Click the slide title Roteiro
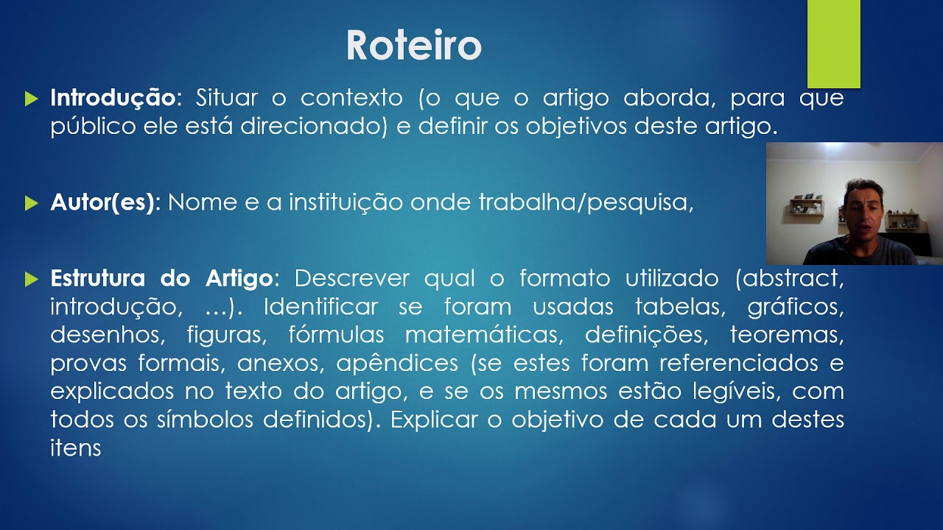coord(413,46)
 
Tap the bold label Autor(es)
coord(104,202)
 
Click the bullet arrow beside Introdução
coord(31,98)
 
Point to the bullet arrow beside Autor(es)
coord(31,202)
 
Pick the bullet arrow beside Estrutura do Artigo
coord(31,279)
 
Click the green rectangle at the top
coord(833,44)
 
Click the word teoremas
coord(786,335)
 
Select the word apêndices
coord(396,363)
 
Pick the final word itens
coord(75,447)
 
